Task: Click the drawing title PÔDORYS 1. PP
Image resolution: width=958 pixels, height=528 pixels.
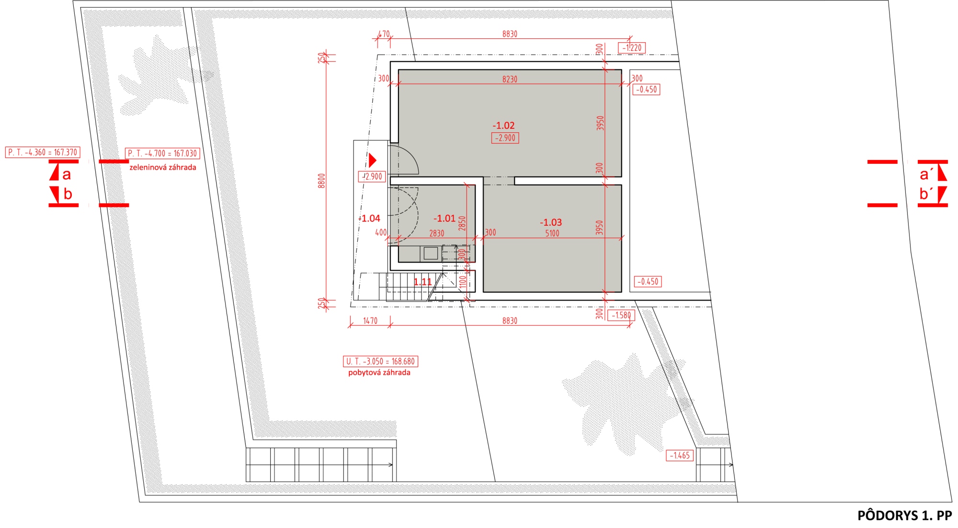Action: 904,516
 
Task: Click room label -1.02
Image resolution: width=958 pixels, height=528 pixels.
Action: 503,126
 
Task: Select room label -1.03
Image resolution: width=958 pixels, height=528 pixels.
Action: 551,222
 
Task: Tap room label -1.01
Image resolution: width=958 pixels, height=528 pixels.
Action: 445,218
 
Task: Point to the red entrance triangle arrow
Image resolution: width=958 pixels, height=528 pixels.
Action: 373,160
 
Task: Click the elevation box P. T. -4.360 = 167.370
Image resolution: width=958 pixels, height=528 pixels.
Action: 42,152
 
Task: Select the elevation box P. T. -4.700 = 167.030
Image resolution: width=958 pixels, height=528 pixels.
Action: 162,153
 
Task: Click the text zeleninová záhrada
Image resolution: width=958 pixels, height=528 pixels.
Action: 163,167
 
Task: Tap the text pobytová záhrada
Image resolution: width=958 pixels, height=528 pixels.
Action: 379,372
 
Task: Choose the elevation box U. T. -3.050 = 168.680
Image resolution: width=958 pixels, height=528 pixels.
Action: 380,361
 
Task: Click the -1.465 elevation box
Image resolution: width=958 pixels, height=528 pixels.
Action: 680,455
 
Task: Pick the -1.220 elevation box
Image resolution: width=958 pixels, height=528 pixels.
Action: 632,47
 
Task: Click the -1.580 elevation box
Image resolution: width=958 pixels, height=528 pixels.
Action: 621,315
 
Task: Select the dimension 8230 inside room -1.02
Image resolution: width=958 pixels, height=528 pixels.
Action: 510,79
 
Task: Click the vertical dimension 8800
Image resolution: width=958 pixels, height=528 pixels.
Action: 321,181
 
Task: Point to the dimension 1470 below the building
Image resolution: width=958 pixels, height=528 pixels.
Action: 370,321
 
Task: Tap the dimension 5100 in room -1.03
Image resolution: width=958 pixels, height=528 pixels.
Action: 552,233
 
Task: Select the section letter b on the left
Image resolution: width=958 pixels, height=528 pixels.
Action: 68,194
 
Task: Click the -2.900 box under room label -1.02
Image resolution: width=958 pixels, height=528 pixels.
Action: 505,138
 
